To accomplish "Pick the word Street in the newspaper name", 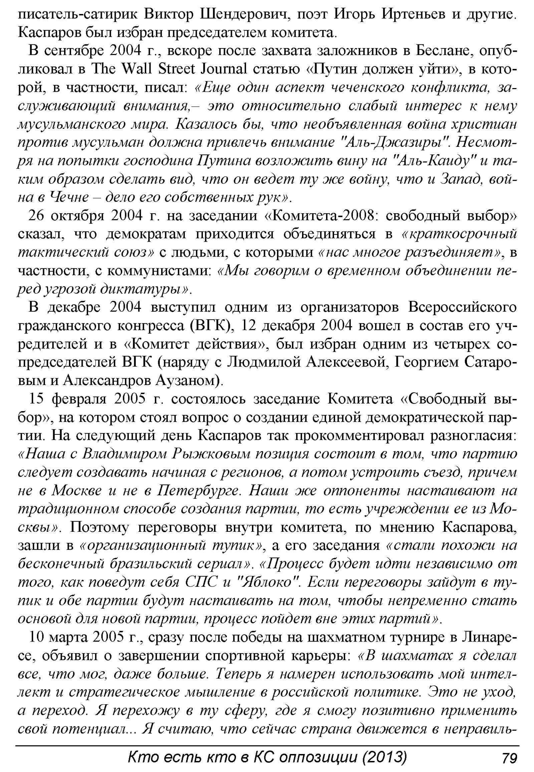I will [167, 69].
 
